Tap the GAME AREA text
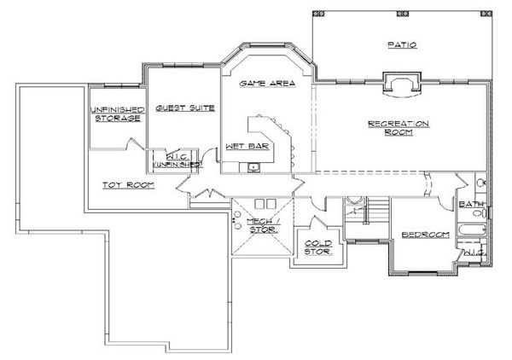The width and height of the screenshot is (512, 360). (x=267, y=84)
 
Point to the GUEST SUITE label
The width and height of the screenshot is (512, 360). (x=183, y=107)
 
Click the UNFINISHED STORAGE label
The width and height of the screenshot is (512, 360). (x=115, y=113)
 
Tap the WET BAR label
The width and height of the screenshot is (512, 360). (x=241, y=146)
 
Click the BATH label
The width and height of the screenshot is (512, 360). (x=471, y=205)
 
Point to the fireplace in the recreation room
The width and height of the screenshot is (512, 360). (x=400, y=83)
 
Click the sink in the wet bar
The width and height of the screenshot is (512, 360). (x=253, y=165)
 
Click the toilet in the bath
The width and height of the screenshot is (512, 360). (x=480, y=183)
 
